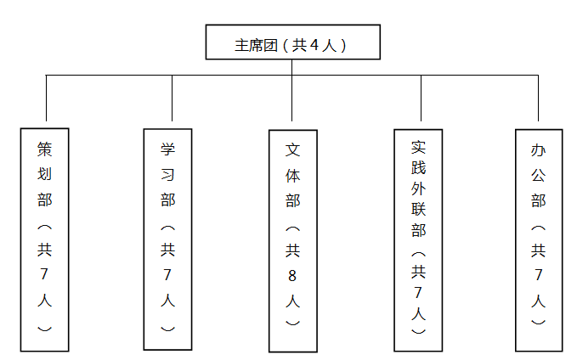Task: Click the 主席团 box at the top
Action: (x=291, y=42)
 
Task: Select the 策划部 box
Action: (x=45, y=239)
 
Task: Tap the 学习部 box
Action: (x=168, y=239)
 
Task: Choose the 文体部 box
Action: (x=292, y=240)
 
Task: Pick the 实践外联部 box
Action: (x=418, y=239)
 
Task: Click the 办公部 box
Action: (x=538, y=239)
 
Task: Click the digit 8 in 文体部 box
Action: (x=292, y=275)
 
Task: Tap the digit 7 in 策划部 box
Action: (x=45, y=275)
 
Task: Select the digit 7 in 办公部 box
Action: (x=538, y=275)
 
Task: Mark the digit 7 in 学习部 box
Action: (x=168, y=275)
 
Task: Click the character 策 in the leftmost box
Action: (x=45, y=149)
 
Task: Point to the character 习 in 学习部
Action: (x=168, y=175)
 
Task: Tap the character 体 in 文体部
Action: (x=292, y=175)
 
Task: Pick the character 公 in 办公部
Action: (x=538, y=175)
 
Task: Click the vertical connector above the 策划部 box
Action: (x=46, y=97)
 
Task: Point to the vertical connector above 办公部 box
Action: (x=538, y=97)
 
